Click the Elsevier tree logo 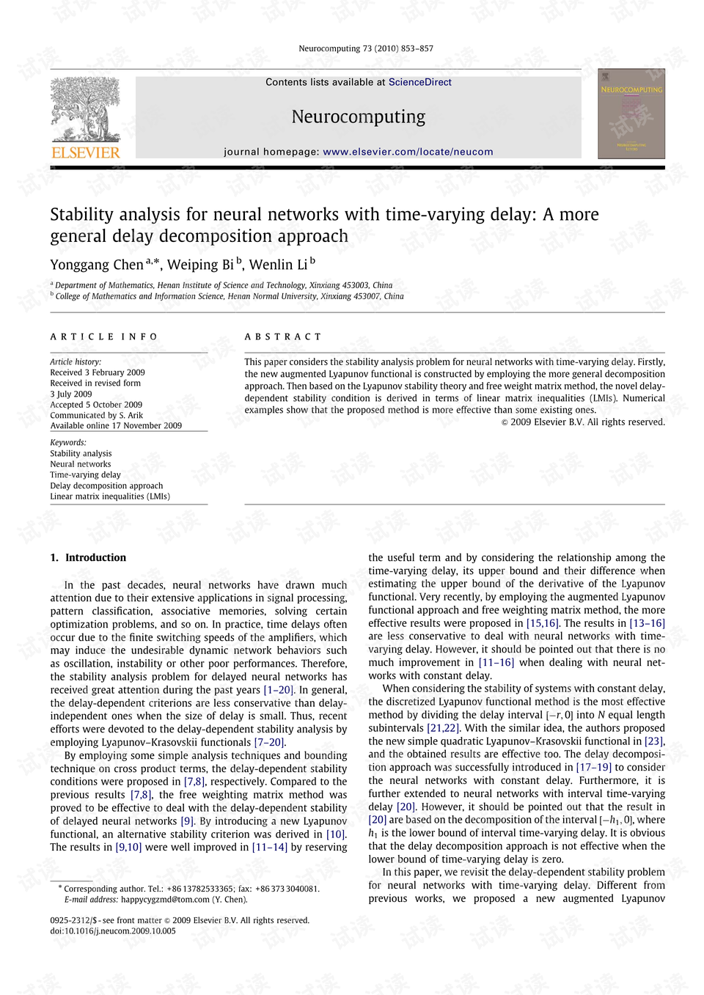(x=85, y=109)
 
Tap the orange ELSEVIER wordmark (x=85, y=153)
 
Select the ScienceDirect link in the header (x=419, y=82)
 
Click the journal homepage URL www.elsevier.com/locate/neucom (x=408, y=152)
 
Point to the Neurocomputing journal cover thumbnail (x=631, y=114)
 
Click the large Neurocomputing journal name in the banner (x=358, y=117)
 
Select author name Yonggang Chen (x=97, y=265)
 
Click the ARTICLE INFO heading (x=104, y=337)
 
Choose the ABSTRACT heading (x=283, y=337)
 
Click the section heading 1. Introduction (x=88, y=558)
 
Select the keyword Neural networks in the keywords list (x=81, y=464)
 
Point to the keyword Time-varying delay (x=85, y=475)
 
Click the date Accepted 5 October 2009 (x=96, y=405)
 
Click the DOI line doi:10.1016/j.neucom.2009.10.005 (x=113, y=931)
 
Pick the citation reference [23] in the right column (x=653, y=741)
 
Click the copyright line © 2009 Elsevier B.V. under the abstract (x=583, y=422)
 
